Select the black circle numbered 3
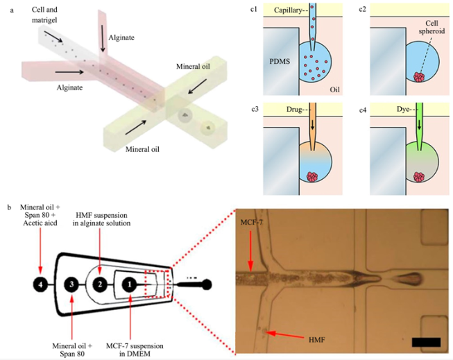point(71,284)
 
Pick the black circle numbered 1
point(130,284)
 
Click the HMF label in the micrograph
point(318,339)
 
